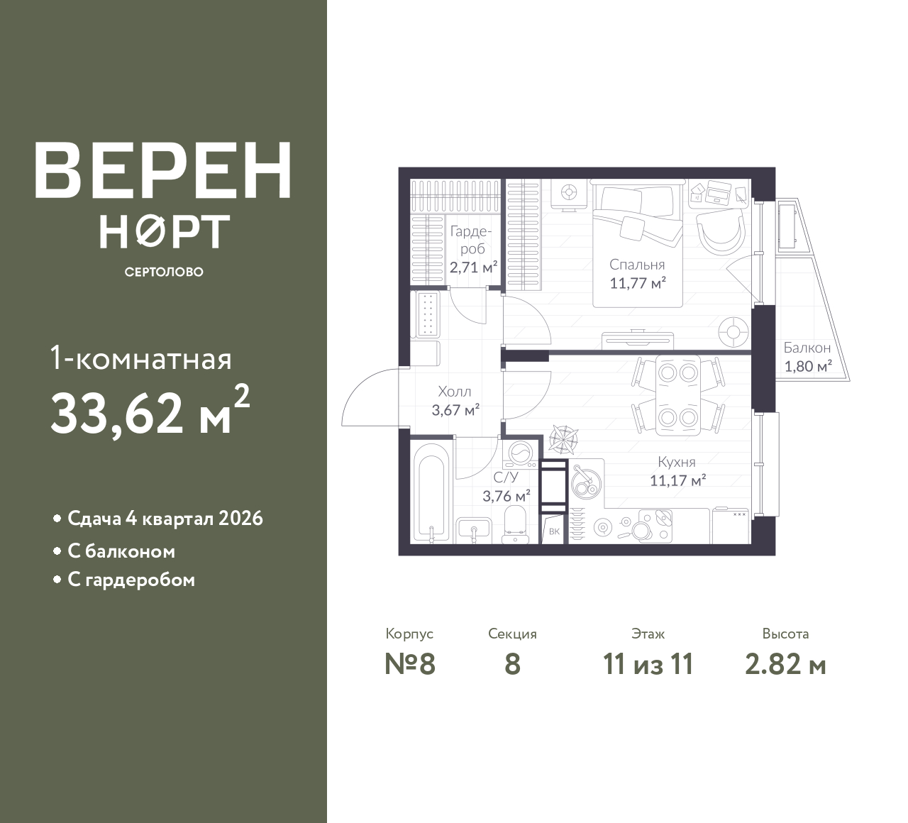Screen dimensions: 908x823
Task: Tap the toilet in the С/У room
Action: point(515,523)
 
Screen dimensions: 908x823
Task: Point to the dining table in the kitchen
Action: point(677,395)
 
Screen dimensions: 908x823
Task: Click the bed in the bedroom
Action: point(637,242)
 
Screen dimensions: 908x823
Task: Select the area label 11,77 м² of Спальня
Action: point(637,283)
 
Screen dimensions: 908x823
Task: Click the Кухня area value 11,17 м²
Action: point(678,480)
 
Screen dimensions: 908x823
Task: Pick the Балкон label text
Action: point(807,348)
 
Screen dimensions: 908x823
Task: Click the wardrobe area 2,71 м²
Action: point(473,267)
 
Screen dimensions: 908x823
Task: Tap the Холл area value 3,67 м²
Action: point(455,410)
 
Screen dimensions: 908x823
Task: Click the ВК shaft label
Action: point(554,531)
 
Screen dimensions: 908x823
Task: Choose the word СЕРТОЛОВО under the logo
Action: point(164,272)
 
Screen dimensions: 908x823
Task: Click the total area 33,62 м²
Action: point(150,411)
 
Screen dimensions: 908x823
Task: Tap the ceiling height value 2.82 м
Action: point(785,665)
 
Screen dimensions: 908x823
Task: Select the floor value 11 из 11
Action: point(648,665)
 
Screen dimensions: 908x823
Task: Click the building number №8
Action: point(410,665)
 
